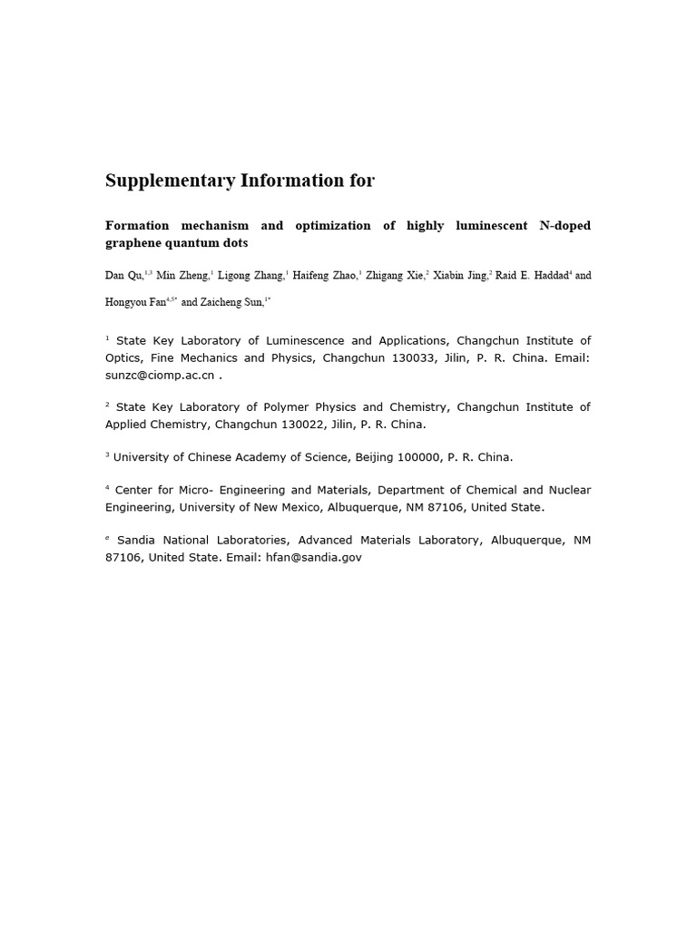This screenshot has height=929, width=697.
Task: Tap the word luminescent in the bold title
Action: pyautogui.click(x=490, y=225)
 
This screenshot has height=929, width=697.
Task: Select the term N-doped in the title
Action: pyautogui.click(x=564, y=225)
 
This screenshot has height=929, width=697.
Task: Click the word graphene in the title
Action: pyautogui.click(x=133, y=243)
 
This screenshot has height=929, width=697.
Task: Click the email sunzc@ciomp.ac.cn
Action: pyautogui.click(x=160, y=375)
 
